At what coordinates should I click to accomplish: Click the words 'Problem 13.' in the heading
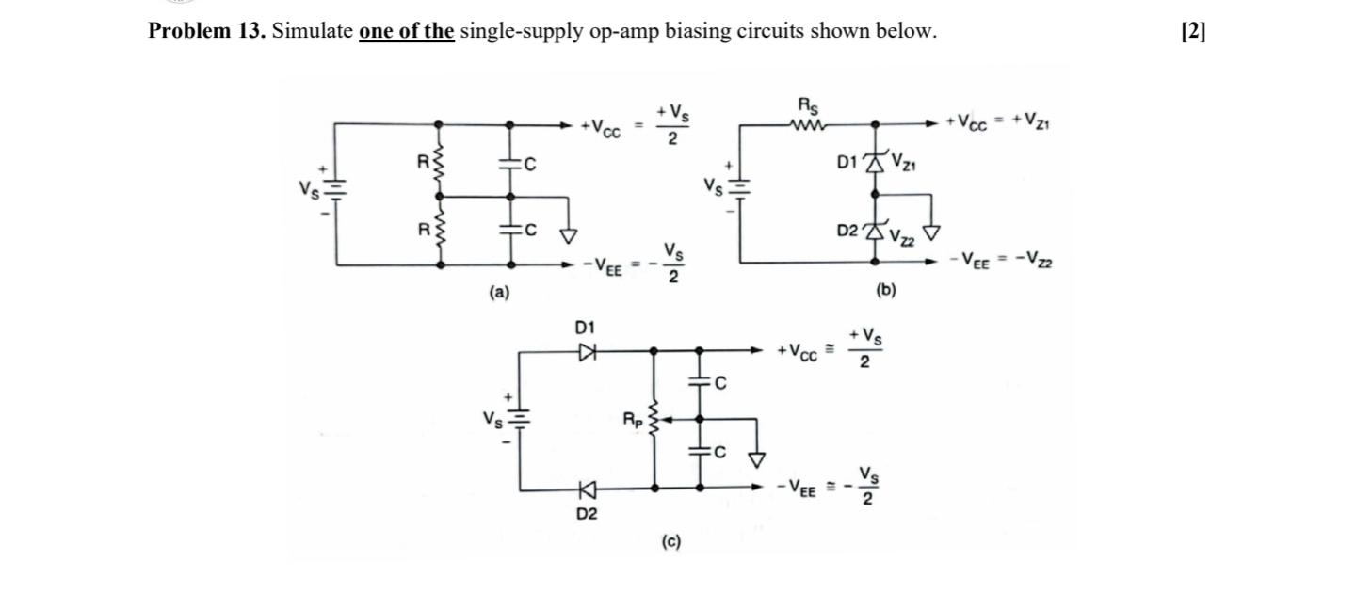tap(207, 31)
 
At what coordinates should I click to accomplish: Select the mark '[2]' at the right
tap(1192, 31)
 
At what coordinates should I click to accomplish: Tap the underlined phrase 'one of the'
tap(407, 31)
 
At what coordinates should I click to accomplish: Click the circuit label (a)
tap(499, 293)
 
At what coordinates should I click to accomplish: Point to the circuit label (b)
tap(885, 291)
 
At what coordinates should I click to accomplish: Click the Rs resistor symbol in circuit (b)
tap(809, 122)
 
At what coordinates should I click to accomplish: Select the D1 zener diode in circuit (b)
tap(876, 163)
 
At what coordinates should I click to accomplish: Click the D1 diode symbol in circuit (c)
tap(588, 351)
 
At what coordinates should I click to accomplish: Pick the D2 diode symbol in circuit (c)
tap(588, 488)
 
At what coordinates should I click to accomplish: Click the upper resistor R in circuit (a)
tap(439, 161)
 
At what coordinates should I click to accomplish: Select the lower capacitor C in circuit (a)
tap(510, 231)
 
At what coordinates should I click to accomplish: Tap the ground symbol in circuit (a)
tap(569, 232)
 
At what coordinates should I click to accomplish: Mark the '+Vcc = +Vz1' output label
tap(998, 121)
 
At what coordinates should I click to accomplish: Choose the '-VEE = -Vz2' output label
tap(1000, 259)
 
